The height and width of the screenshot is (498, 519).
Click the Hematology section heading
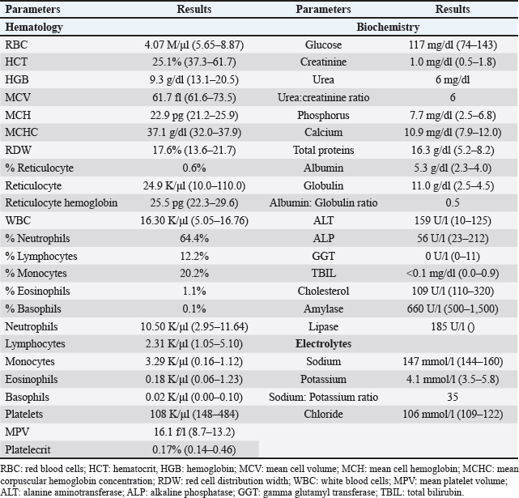pyautogui.click(x=34, y=27)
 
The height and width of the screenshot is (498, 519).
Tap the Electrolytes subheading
pyautogui.click(x=324, y=343)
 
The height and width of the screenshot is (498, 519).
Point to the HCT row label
pyautogui.click(x=18, y=62)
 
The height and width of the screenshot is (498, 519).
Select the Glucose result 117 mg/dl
pyautogui.click(x=451, y=45)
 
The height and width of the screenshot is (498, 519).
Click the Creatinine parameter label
pyautogui.click(x=324, y=62)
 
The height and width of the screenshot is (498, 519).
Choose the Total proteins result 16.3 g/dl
pyautogui.click(x=451, y=151)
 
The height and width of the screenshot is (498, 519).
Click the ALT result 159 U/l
pyautogui.click(x=451, y=221)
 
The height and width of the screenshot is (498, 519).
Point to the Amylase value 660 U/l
pyautogui.click(x=451, y=309)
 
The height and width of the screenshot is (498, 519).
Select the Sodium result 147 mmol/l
pyautogui.click(x=451, y=361)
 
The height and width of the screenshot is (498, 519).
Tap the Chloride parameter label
pyautogui.click(x=324, y=414)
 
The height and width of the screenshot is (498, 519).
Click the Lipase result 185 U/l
pyautogui.click(x=451, y=326)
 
